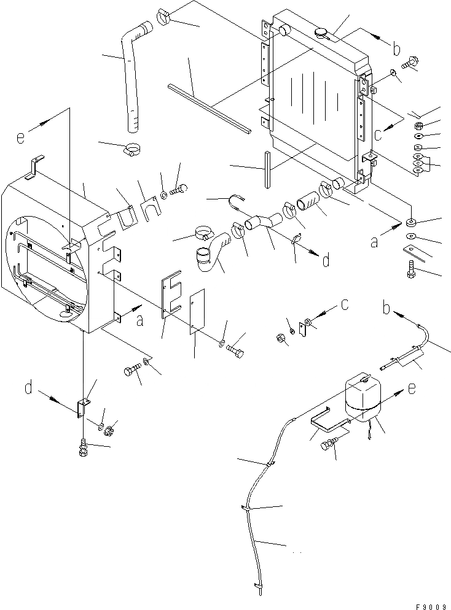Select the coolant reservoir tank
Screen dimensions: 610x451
pos(363,397)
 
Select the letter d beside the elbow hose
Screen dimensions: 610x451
pos(326,261)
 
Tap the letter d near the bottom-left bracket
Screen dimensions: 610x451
pos(29,388)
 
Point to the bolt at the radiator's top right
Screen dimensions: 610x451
pos(410,63)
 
